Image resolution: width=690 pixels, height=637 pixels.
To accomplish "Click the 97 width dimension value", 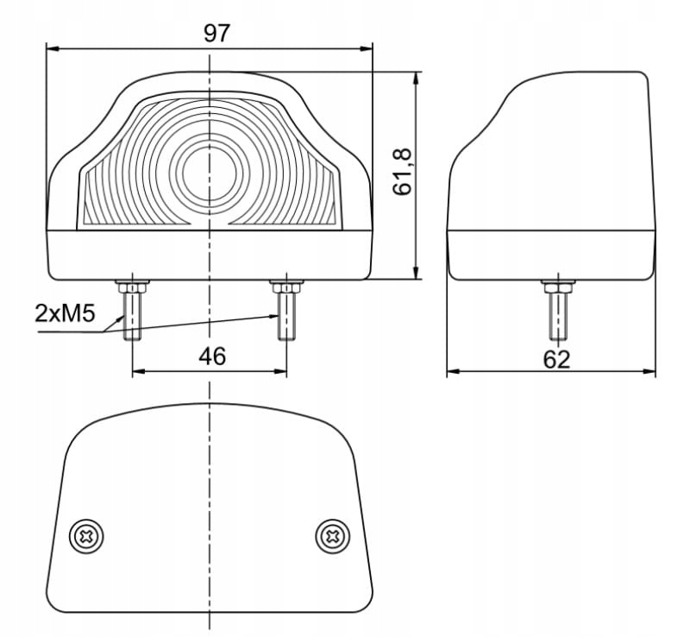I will pos(216,33).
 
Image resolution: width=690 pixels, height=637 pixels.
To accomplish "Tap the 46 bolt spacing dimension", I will pos(211,356).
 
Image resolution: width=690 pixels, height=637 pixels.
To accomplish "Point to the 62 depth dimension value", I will pos(557,359).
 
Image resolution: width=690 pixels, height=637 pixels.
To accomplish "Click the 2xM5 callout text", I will pos(64,312).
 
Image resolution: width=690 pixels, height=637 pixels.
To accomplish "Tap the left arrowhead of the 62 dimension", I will pos(453,374).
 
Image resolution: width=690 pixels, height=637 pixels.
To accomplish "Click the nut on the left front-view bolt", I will pos(132,286).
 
